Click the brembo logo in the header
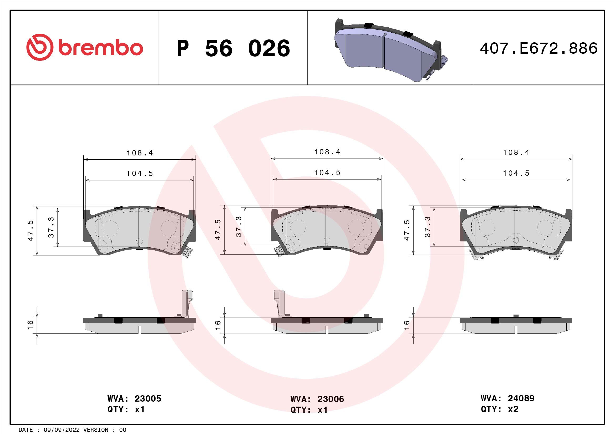coord(84,47)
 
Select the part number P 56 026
coord(233,48)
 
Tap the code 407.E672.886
coord(539,48)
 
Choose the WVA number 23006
coord(331,399)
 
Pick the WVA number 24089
coord(521,398)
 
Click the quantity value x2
coord(513,409)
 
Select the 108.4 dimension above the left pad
coord(140,153)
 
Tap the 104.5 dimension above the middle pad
coord(327,173)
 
